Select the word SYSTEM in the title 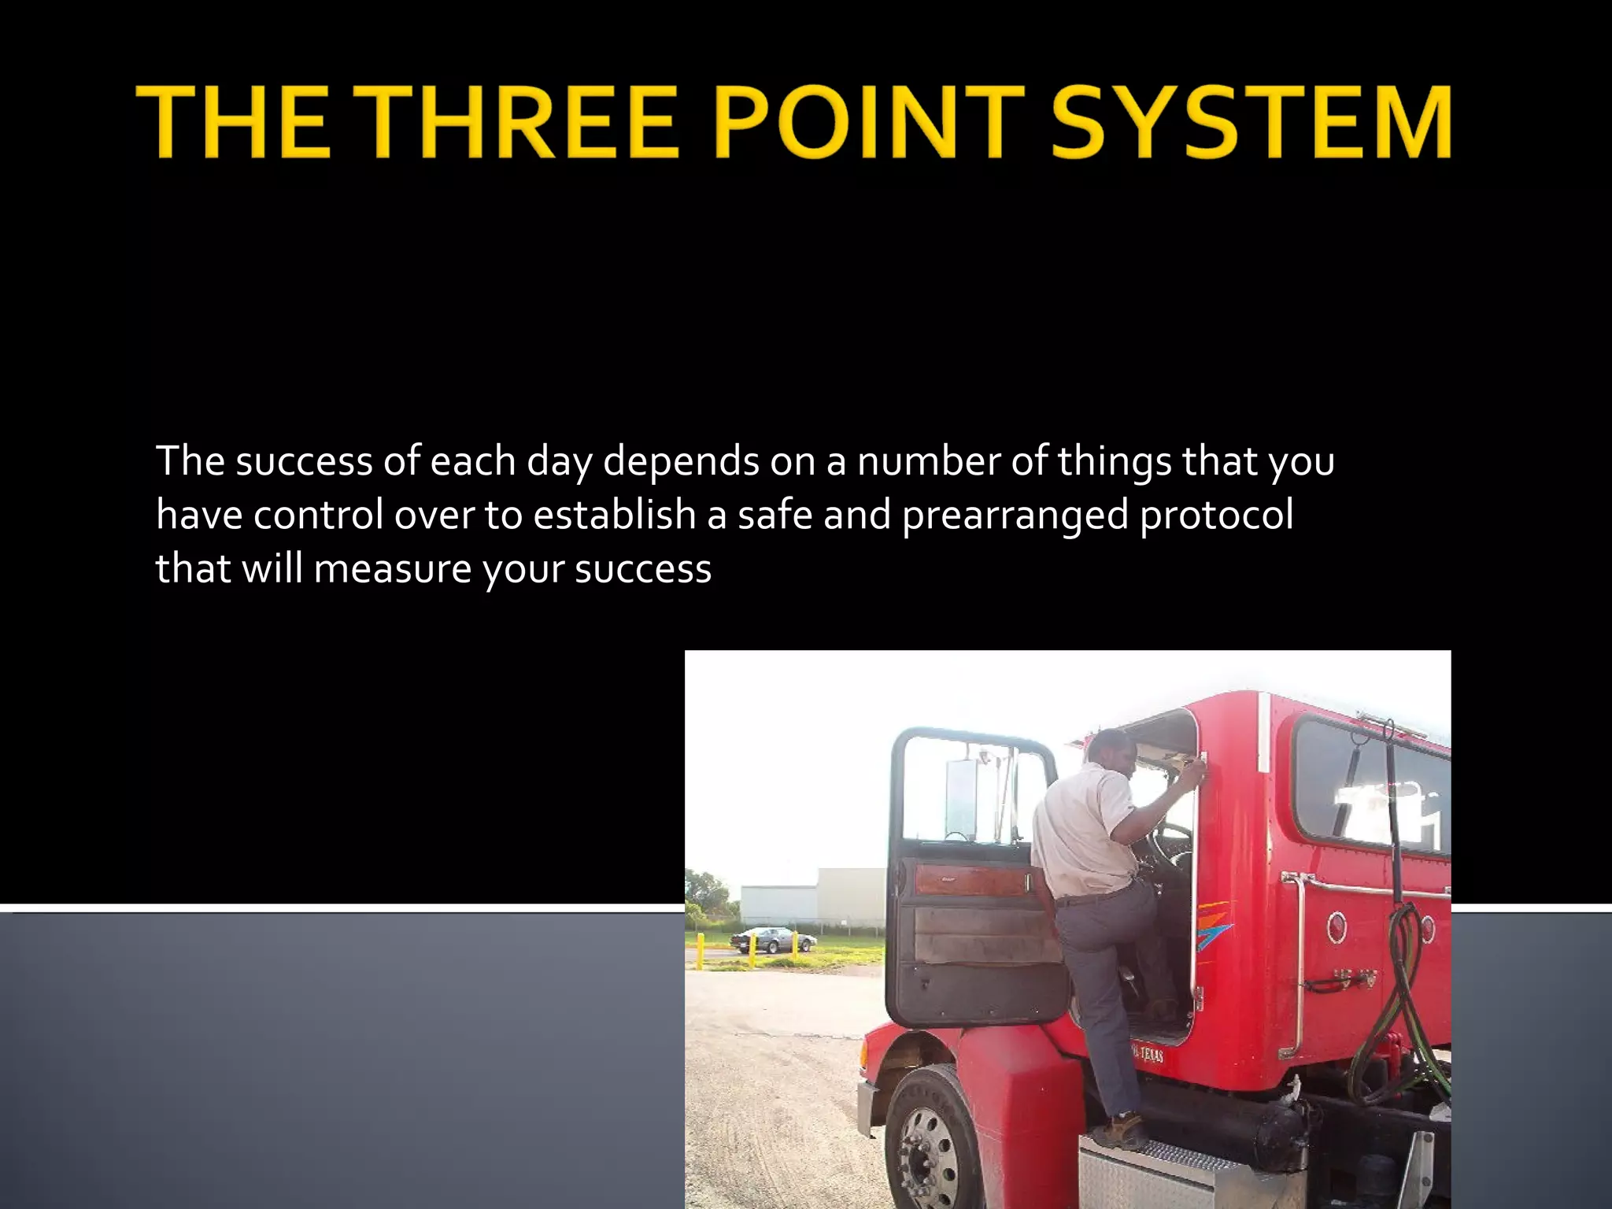click(1251, 123)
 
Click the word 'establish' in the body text click(614, 515)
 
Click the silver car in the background click(771, 939)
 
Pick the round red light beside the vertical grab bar click(1337, 926)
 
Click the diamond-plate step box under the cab click(1157, 1177)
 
